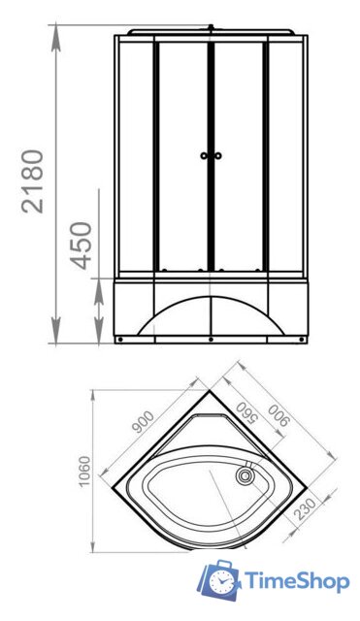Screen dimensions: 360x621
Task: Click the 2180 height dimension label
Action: (x=32, y=181)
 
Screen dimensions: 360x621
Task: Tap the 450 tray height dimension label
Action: (x=81, y=245)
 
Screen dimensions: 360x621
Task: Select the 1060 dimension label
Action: (x=84, y=472)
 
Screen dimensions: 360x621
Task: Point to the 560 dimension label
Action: (x=245, y=414)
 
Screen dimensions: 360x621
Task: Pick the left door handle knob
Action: (x=204, y=155)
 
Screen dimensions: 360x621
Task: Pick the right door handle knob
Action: (x=217, y=155)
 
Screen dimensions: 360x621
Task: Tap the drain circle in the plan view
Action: (x=245, y=474)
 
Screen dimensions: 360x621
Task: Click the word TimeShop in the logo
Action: (x=297, y=582)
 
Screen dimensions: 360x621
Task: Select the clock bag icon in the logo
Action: (x=220, y=580)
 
